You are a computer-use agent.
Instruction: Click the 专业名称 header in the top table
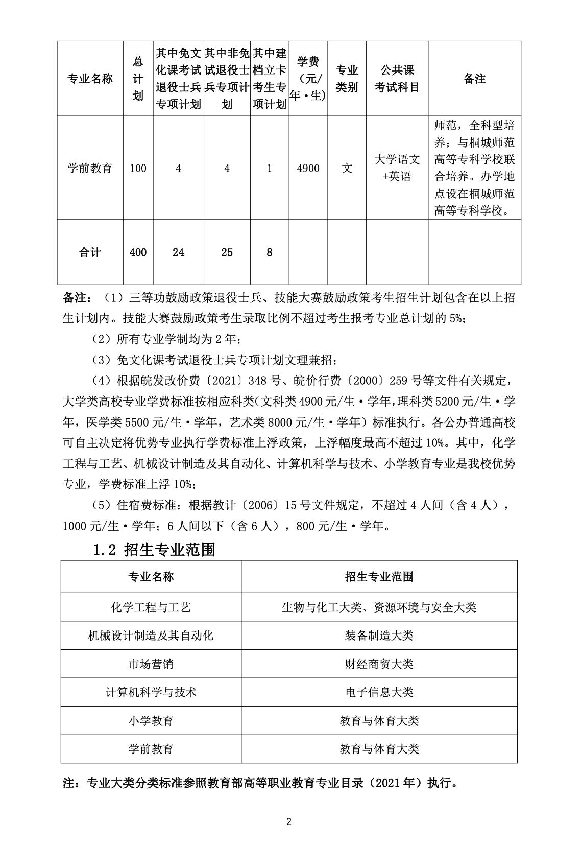(90, 79)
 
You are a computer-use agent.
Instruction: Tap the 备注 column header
(474, 79)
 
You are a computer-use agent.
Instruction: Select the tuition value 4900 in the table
(308, 168)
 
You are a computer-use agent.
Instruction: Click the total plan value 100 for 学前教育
(138, 168)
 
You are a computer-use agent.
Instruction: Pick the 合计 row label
(90, 252)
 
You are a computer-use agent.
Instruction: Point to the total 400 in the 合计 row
(138, 252)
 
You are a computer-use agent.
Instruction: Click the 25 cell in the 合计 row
(227, 252)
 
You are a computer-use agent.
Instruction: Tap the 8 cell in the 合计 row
(270, 252)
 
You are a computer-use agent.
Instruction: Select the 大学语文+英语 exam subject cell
(397, 168)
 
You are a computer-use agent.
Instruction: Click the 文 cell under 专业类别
(347, 168)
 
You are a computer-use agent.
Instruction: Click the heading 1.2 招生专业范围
(154, 549)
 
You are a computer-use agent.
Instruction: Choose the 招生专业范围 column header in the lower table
(379, 577)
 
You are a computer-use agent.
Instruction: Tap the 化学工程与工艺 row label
(151, 607)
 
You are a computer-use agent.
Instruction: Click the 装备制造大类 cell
(379, 636)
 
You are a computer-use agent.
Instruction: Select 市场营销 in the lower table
(151, 664)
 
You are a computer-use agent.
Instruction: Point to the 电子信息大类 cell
(379, 692)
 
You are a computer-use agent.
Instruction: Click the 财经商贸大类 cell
(379, 664)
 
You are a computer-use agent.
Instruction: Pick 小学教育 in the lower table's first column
(151, 721)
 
